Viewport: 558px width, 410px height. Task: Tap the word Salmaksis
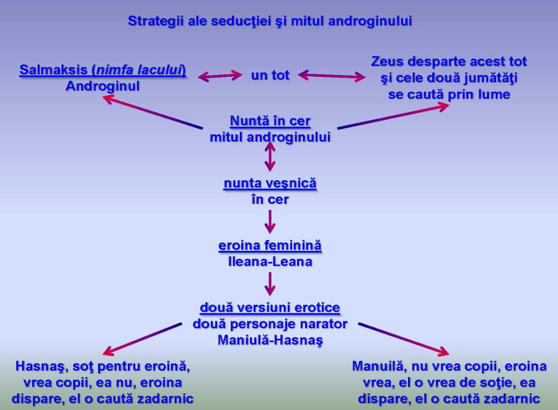pyautogui.click(x=54, y=70)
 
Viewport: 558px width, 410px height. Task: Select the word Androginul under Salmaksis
pyautogui.click(x=102, y=87)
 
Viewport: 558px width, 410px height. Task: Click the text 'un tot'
pyautogui.click(x=270, y=76)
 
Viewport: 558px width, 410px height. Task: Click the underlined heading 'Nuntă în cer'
pyautogui.click(x=270, y=121)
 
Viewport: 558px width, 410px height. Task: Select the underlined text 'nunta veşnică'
pyautogui.click(x=270, y=183)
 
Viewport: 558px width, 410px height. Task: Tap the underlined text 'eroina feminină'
pyautogui.click(x=270, y=245)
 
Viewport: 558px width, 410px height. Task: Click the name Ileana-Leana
pyautogui.click(x=270, y=262)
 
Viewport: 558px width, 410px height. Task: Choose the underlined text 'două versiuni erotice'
pyautogui.click(x=270, y=308)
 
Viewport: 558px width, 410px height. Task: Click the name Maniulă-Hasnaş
pyautogui.click(x=270, y=340)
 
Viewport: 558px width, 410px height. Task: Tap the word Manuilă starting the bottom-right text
pyautogui.click(x=379, y=366)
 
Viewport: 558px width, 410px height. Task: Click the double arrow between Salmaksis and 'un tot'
pyautogui.click(x=220, y=76)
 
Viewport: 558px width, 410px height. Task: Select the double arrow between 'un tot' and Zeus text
pyautogui.click(x=332, y=76)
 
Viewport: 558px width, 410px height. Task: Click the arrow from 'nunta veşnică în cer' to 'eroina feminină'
pyautogui.click(x=270, y=222)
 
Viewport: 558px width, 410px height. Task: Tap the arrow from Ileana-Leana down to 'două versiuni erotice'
pyautogui.click(x=270, y=284)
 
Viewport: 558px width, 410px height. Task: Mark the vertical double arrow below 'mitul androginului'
pyautogui.click(x=270, y=157)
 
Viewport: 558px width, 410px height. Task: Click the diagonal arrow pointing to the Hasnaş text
pyautogui.click(x=143, y=339)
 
